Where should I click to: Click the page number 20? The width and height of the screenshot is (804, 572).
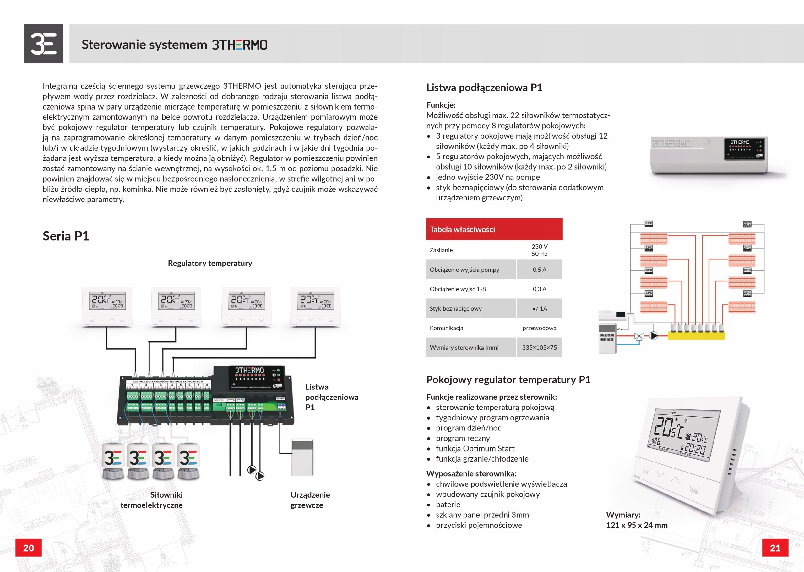tap(29, 548)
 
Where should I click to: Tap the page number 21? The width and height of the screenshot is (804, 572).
tap(775, 548)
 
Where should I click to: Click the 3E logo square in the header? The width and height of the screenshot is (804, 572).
tap(44, 44)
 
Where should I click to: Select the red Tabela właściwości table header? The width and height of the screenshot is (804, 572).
tap(494, 229)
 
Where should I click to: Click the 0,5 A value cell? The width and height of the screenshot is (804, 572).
tap(539, 270)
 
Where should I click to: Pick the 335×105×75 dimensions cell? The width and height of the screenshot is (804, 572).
tap(539, 347)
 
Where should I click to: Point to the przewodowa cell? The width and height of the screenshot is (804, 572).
tap(539, 328)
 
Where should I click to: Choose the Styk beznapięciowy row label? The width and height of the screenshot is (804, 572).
tap(455, 308)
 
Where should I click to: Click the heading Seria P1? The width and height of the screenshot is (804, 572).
tap(66, 236)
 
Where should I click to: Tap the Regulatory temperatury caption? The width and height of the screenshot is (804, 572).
tap(210, 263)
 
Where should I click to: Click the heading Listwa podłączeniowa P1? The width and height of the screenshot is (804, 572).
tap(484, 87)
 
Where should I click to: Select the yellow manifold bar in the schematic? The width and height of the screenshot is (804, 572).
tap(696, 336)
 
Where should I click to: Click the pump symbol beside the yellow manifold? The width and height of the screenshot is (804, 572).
tap(654, 336)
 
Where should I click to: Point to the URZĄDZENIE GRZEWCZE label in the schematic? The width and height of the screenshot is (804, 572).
tap(607, 337)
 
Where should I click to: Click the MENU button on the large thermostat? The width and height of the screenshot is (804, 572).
tap(694, 491)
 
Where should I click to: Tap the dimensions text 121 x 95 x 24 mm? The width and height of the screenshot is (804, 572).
tap(637, 525)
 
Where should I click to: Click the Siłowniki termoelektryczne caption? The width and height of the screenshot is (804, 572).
tap(152, 500)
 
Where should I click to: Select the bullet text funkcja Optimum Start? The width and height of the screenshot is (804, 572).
tap(475, 448)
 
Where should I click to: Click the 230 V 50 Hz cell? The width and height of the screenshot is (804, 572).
tap(539, 250)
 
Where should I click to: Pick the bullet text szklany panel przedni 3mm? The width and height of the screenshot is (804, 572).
tap(482, 515)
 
